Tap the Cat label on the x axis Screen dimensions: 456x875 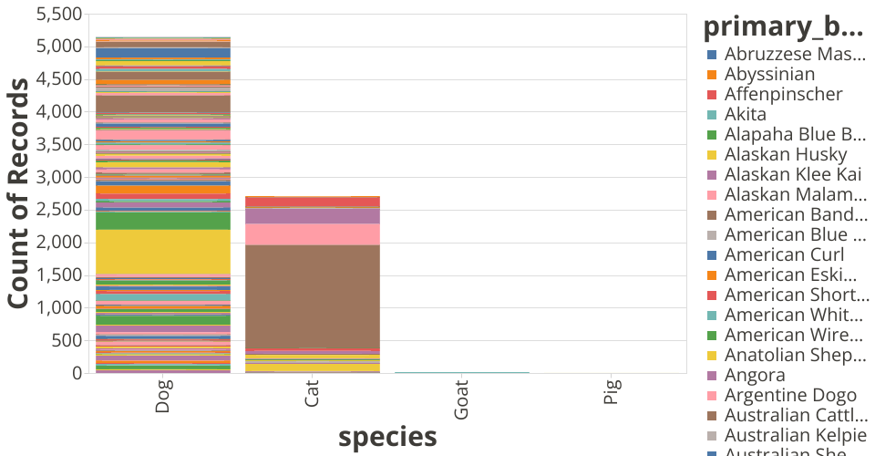pos(313,399)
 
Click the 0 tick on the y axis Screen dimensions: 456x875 pos(77,373)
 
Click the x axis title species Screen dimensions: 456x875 pos(387,438)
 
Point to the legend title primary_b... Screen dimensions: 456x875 pos(783,27)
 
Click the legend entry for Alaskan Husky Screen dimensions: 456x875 pos(785,154)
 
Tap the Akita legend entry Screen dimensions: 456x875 pos(745,114)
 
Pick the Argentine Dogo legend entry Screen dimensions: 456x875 pos(790,395)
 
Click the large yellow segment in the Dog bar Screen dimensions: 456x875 pos(163,251)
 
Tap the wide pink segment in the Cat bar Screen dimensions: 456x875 pos(313,234)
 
